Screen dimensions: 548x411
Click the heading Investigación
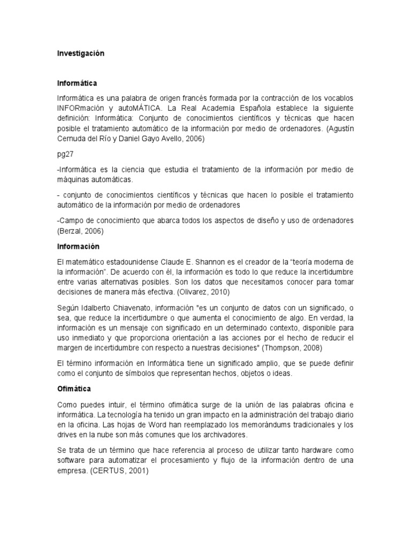coord(80,54)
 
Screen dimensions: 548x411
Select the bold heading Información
coord(78,247)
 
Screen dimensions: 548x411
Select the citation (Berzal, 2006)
coord(83,231)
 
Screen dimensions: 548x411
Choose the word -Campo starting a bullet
coord(72,221)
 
